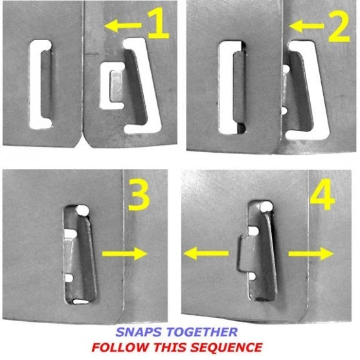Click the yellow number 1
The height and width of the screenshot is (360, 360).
pos(159,23)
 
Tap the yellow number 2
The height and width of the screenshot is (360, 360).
pos(339,27)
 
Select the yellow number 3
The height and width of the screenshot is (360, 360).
pos(139,194)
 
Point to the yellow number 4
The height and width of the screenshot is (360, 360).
pos(322,194)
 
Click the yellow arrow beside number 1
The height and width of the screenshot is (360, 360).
pos(123,25)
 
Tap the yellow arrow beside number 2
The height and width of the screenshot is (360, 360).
pos(306,26)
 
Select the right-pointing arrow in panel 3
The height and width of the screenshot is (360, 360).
pos(125,254)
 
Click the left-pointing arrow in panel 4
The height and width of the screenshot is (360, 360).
pos(206,253)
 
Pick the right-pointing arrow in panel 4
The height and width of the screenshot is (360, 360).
pos(311,254)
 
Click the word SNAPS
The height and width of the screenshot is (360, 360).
pos(140,332)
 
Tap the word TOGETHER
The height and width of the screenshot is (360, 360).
pos(202,332)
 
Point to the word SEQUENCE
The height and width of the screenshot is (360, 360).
pos(227,347)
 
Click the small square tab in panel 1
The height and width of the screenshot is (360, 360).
pos(117,86)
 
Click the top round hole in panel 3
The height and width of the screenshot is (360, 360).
pos(82,210)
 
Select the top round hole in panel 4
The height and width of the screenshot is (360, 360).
pos(266,207)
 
